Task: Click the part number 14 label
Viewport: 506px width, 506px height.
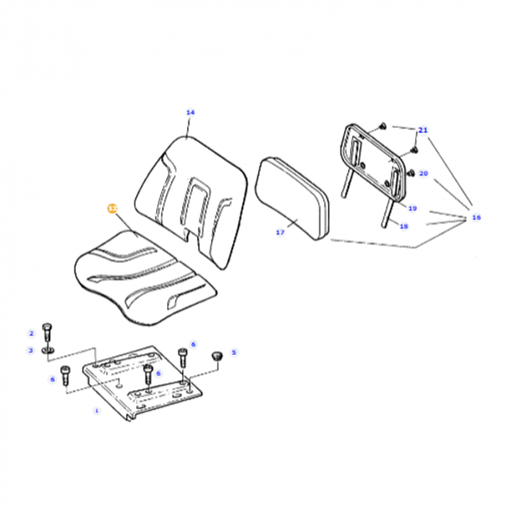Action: (x=190, y=112)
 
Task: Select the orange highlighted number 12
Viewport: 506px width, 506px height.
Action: (x=111, y=208)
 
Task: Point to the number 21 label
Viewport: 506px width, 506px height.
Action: (x=423, y=130)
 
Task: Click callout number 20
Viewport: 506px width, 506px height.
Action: (x=424, y=173)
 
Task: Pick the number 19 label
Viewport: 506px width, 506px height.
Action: (x=412, y=208)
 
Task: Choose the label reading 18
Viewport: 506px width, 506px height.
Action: (x=403, y=226)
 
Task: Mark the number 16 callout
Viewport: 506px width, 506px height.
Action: (x=476, y=217)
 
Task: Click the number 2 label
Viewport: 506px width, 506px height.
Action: (x=31, y=333)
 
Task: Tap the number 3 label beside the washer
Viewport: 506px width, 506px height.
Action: (x=31, y=351)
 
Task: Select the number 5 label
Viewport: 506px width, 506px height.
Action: (x=233, y=353)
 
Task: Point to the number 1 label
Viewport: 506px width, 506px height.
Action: (x=96, y=410)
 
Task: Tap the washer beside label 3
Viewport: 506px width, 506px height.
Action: (x=47, y=351)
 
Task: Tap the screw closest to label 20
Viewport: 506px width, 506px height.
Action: (x=410, y=173)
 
